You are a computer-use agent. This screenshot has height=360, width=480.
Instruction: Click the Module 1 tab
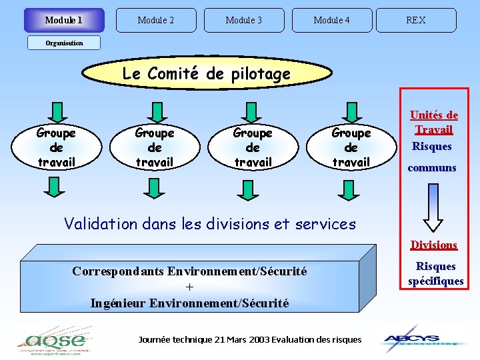click(x=64, y=20)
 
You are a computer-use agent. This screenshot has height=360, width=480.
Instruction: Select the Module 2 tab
click(x=156, y=20)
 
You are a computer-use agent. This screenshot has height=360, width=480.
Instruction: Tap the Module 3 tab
click(x=243, y=20)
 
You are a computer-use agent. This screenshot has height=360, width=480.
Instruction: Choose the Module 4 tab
click(x=331, y=20)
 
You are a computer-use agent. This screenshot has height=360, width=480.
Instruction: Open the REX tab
click(x=416, y=20)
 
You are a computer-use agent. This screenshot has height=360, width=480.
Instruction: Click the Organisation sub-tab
click(x=64, y=43)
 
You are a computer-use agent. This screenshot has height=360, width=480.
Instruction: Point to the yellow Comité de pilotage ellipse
click(x=206, y=73)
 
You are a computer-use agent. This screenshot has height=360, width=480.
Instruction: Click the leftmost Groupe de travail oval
click(x=56, y=147)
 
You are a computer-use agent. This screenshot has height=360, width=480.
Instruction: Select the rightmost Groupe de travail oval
click(x=351, y=147)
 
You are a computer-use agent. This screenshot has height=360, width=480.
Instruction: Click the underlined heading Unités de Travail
click(x=433, y=122)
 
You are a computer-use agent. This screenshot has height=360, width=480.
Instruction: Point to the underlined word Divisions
click(x=433, y=245)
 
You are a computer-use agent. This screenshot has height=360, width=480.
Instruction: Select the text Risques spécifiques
click(x=435, y=273)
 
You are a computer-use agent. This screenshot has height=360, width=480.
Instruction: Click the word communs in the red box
click(x=432, y=167)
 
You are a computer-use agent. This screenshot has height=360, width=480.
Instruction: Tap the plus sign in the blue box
click(x=190, y=287)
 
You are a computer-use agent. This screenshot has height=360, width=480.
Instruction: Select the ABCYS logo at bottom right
click(x=422, y=338)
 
